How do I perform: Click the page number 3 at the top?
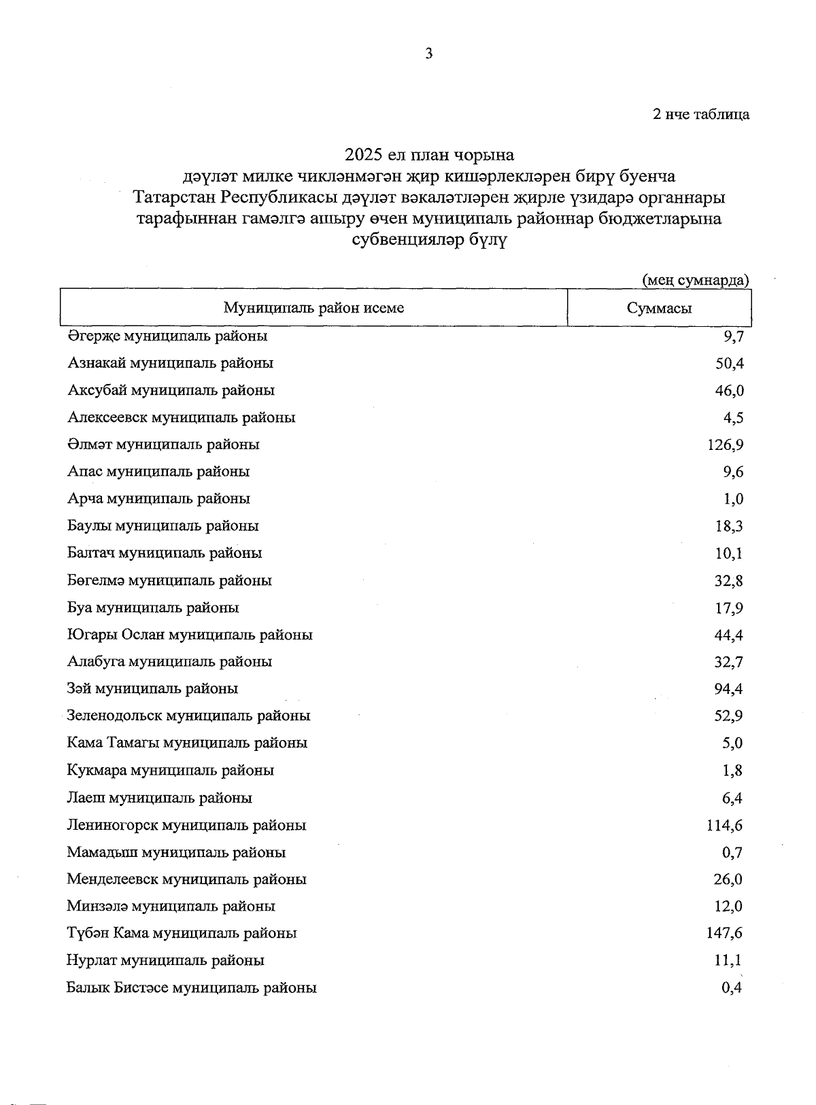(428, 54)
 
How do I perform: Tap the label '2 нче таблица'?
(701, 114)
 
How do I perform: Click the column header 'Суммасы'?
(659, 309)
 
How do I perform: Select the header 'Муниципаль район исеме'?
(313, 308)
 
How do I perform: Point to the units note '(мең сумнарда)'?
(696, 280)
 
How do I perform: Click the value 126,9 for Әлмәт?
(726, 445)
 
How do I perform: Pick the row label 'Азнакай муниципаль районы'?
(170, 363)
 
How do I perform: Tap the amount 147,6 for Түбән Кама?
(725, 934)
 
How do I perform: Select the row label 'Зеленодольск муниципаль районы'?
(188, 716)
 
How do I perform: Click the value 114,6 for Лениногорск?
(725, 826)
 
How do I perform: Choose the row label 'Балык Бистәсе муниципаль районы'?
(191, 988)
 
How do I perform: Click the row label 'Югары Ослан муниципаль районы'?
(190, 635)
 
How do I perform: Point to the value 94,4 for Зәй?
(729, 689)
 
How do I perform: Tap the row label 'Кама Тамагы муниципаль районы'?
(187, 743)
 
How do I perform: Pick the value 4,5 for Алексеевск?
(733, 418)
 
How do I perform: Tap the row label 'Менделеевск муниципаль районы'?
(186, 879)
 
